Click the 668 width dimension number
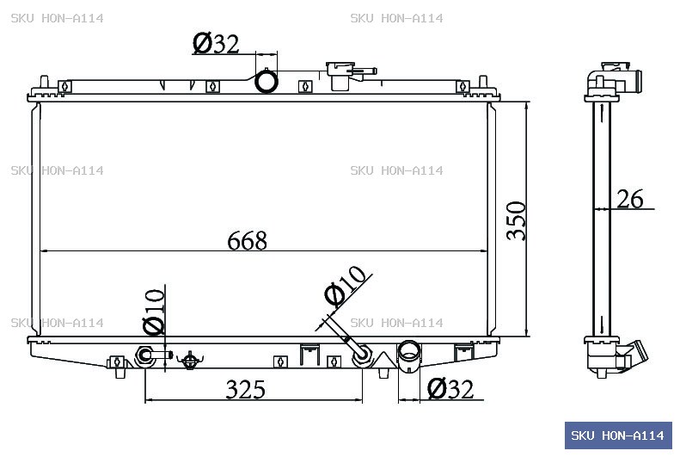(248, 240)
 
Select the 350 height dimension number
(516, 220)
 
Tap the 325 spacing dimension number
(246, 389)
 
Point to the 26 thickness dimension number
(630, 199)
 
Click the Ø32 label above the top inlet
(216, 43)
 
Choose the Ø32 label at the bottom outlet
(450, 388)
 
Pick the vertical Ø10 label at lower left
(154, 312)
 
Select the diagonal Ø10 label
(346, 286)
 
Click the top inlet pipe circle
(266, 81)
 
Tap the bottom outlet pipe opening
(408, 355)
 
